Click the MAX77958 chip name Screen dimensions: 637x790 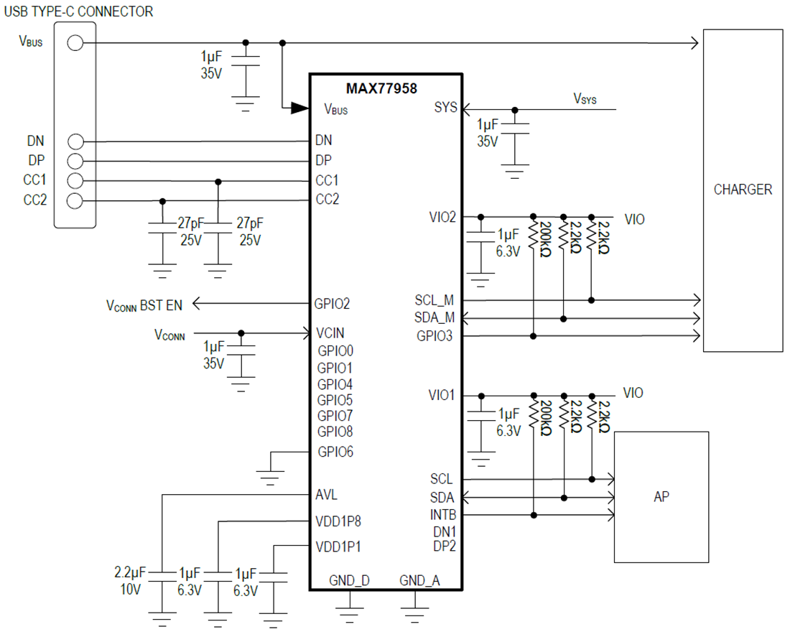[381, 89]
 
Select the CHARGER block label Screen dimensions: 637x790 [743, 190]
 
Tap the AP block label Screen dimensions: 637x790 [661, 497]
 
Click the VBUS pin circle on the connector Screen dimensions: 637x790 [75, 43]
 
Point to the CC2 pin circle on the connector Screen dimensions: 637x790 [75, 200]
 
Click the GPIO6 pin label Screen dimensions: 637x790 [335, 452]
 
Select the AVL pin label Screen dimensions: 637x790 [326, 495]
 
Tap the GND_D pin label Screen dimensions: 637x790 [349, 580]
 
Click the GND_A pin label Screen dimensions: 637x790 [419, 580]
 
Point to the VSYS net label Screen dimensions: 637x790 [585, 98]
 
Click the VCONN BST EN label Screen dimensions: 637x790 [144, 305]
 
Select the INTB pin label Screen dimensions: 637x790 [442, 515]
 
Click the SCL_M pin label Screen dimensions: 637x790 [434, 300]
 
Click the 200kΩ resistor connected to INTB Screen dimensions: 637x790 [534, 415]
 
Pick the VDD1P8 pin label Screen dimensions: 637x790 [338, 521]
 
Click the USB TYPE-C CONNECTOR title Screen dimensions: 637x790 [78, 11]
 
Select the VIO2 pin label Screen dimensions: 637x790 [442, 217]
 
